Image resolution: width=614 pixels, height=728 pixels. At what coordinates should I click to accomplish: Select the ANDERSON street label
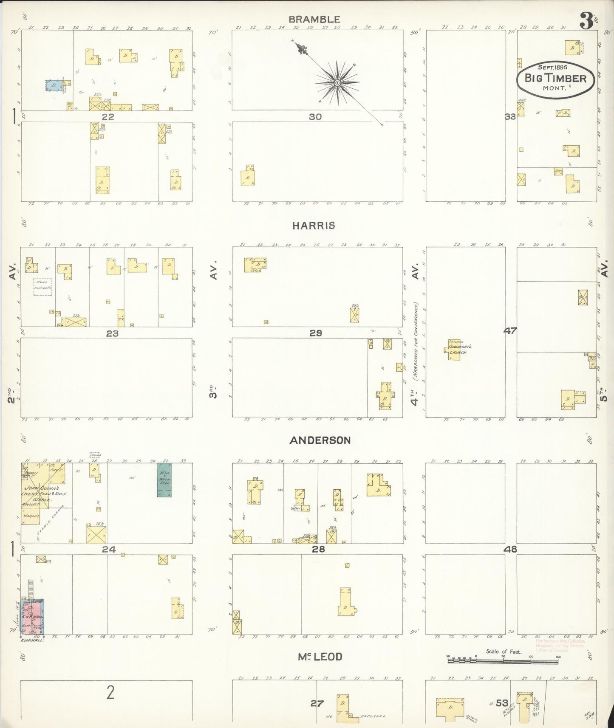point(320,440)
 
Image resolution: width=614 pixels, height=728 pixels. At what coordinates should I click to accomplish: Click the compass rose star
point(337,82)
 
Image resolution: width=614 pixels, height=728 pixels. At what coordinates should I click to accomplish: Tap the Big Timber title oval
point(555,79)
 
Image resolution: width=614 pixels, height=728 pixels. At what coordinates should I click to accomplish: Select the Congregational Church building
point(455,350)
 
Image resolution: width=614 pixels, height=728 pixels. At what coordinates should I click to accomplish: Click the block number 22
point(108,117)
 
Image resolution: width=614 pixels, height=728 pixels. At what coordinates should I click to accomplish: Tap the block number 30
point(315,117)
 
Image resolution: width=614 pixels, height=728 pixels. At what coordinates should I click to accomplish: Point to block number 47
point(510,330)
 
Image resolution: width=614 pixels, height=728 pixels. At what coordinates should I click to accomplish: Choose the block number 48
point(510,549)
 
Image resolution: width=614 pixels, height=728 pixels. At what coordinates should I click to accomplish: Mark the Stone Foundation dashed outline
point(42,287)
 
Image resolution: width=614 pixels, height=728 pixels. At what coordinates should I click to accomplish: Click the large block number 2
point(110,693)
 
